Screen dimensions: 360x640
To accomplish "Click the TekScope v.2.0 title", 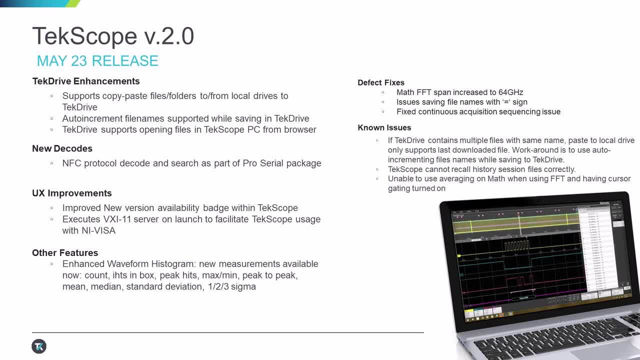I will click(x=113, y=36).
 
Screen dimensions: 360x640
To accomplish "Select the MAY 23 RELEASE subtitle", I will click(x=97, y=61).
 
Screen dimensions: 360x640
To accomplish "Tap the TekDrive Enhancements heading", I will click(x=86, y=81).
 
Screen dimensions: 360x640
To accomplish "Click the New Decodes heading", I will click(x=62, y=148).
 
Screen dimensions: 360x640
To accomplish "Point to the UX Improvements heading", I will click(x=72, y=193).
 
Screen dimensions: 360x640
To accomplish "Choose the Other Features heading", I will click(x=65, y=252).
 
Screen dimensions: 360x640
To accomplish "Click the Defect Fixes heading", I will click(x=381, y=82).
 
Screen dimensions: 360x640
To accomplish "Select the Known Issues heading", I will click(x=384, y=127).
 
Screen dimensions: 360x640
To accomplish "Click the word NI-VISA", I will click(x=98, y=230).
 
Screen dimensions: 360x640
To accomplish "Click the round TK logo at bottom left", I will click(x=39, y=346).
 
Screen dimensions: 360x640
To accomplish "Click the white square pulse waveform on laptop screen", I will click(x=515, y=246).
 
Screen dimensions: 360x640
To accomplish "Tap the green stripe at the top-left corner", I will click(x=73, y=3).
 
